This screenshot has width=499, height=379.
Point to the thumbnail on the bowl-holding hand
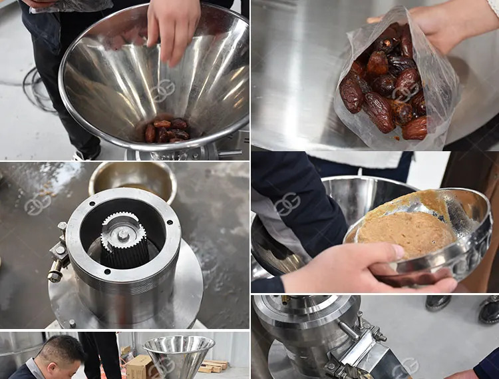coord(397,252)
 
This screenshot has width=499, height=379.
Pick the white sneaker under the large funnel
coord(87,154)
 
